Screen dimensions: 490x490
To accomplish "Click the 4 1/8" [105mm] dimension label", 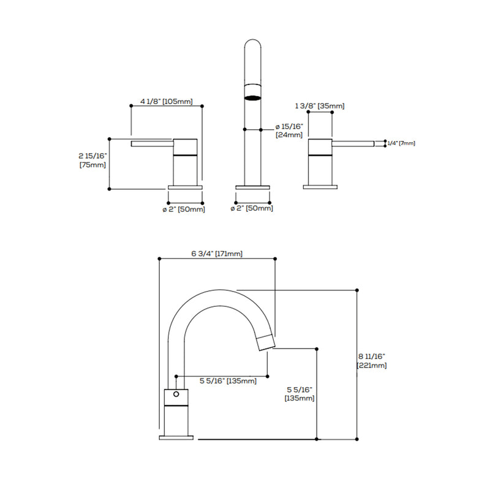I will tap(166, 100).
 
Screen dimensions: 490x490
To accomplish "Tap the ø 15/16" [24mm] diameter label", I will tap(289, 130).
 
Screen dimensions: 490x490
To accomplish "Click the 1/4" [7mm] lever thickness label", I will tap(401, 143).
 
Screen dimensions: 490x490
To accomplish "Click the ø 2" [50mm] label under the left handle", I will tap(183, 209).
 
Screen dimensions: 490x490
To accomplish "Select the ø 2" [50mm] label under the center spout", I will tap(251, 209).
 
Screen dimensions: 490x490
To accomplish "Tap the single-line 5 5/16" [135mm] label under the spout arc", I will tap(228, 381).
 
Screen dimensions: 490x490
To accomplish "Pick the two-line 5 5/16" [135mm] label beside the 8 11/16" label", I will tap(300, 393).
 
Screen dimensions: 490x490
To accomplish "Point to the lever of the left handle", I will tap(153, 144).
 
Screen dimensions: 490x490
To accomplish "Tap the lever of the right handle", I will tap(353, 144).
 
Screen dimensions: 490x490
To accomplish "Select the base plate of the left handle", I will tap(185, 187).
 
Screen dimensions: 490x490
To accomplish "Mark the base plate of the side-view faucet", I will tap(176, 437).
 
